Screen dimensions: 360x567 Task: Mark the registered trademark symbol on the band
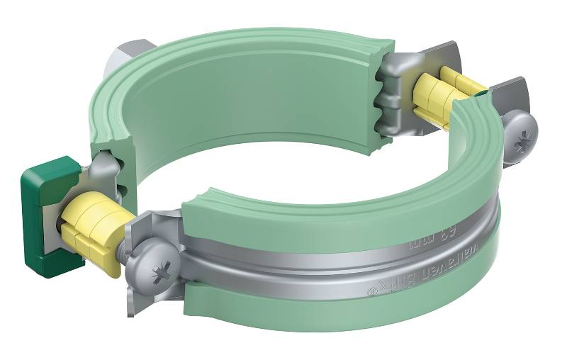click(x=369, y=291)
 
